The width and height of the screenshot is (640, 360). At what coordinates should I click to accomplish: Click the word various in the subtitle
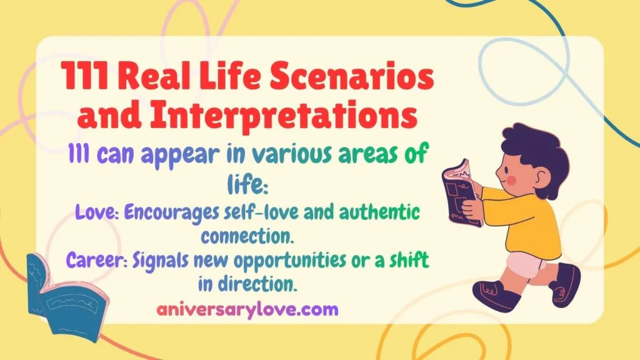click(276, 156)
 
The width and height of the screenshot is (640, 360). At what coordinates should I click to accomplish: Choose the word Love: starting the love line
click(96, 211)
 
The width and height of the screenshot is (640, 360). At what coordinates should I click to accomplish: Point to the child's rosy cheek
click(511, 182)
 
